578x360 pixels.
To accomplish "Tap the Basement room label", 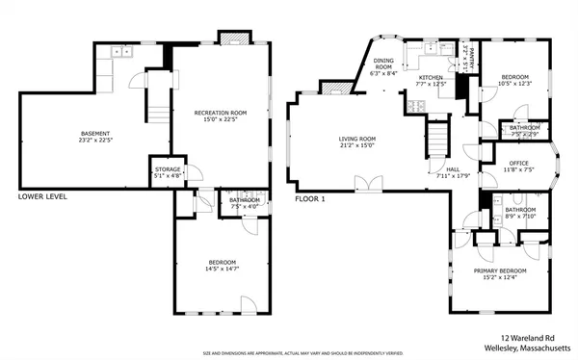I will point(94,133).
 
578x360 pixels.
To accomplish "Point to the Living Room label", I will point(355,139).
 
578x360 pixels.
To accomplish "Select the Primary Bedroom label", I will point(499,270).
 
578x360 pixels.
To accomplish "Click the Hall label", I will point(451,168).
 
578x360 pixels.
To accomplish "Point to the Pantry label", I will point(465,46).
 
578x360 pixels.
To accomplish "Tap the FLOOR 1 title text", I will point(310,199).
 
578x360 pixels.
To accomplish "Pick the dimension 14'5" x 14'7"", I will point(222,270).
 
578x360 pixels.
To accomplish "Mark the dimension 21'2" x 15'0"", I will point(355,145).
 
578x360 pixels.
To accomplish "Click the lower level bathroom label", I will point(243,200).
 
